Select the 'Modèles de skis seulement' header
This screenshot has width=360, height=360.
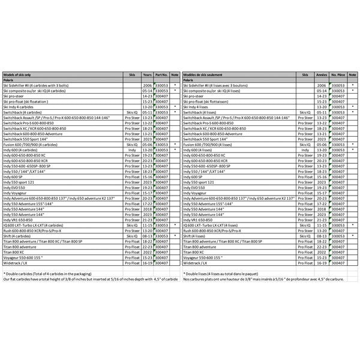click(x=206, y=74)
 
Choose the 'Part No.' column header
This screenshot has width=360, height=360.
click(x=160, y=74)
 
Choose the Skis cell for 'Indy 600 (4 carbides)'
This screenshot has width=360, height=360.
click(x=132, y=149)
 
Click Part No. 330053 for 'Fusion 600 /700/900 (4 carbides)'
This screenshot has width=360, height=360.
click(x=161, y=144)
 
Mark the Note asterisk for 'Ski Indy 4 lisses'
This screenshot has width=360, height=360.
click(x=354, y=107)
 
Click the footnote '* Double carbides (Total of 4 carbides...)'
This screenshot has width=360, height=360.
click(x=48, y=274)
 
